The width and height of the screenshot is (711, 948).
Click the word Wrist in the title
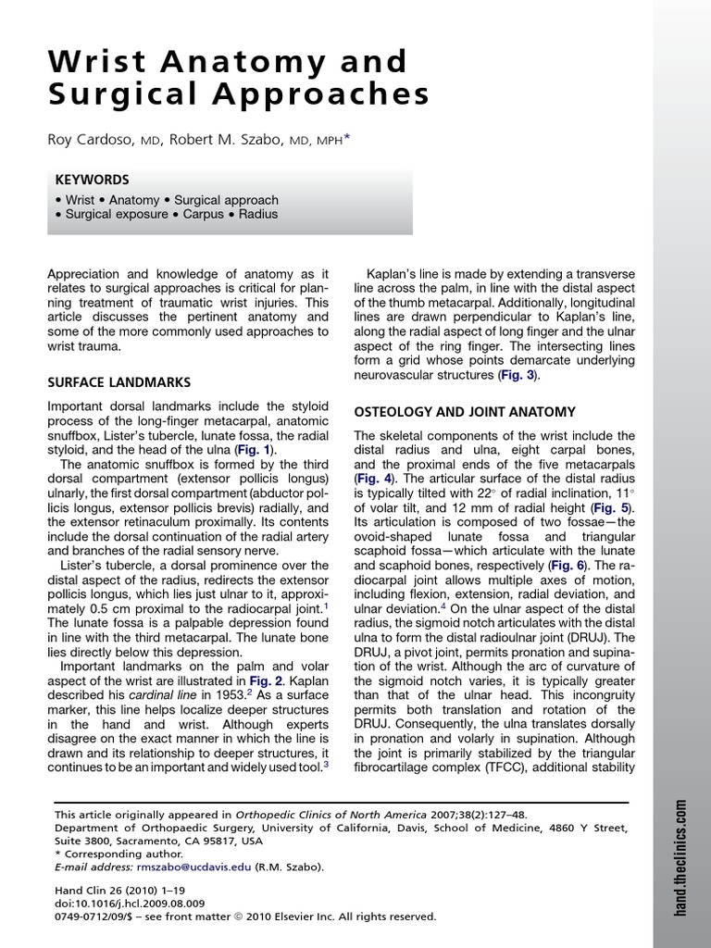tap(96, 62)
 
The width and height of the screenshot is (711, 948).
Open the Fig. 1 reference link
tap(256, 448)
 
